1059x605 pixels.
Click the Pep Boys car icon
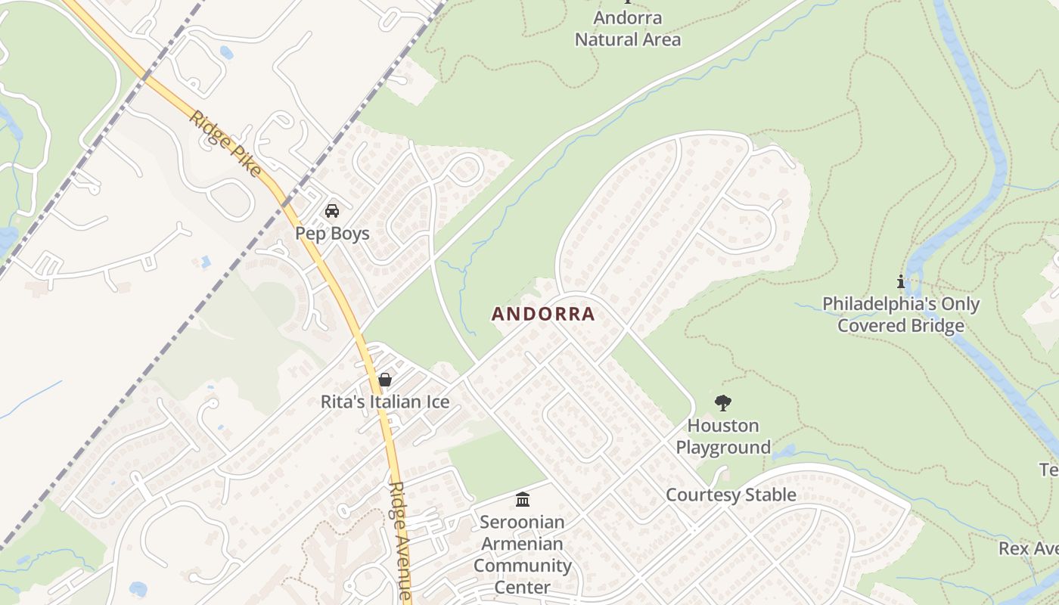point(331,210)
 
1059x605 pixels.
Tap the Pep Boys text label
point(332,233)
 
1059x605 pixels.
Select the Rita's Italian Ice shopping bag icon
point(385,379)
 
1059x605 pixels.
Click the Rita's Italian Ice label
point(385,402)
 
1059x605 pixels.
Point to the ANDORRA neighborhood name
point(543,314)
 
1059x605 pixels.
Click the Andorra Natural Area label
point(628,29)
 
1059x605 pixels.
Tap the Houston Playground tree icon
point(723,402)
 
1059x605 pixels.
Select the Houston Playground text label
point(723,436)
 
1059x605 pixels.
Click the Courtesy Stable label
point(731,495)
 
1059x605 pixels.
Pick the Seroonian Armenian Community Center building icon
point(523,499)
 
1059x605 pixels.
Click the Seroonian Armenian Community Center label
point(523,554)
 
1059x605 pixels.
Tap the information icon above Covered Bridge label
point(900,282)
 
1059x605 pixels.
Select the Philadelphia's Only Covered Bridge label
point(901,315)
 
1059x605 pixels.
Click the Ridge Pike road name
point(225,144)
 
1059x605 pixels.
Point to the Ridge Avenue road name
point(401,541)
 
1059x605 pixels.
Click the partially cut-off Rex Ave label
point(1029,548)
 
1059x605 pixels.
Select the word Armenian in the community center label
point(523,544)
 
